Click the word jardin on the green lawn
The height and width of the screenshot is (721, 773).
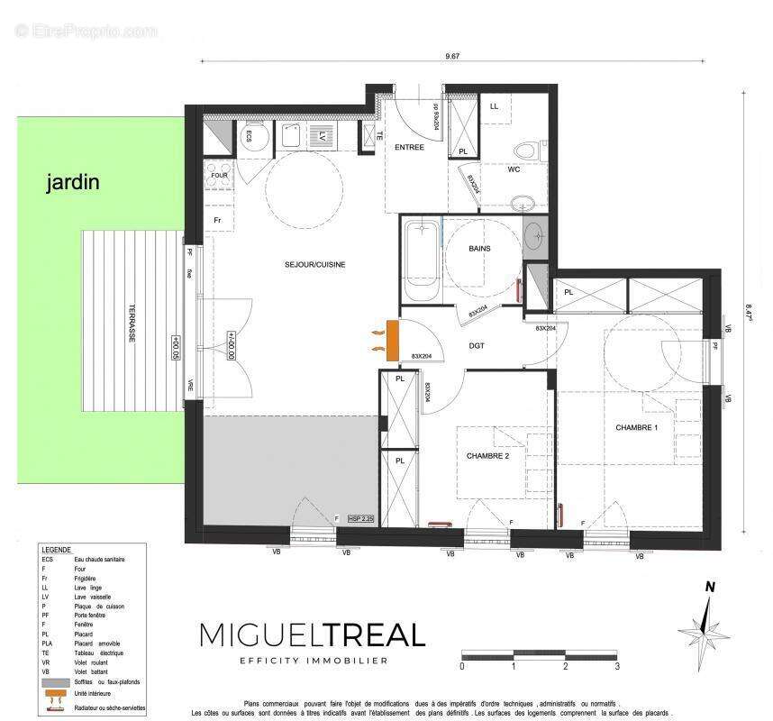click(x=73, y=183)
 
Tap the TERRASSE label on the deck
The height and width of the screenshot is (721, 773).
click(x=132, y=321)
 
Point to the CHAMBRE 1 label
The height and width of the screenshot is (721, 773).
click(x=637, y=427)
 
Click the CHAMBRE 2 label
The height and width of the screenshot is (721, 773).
click(x=487, y=456)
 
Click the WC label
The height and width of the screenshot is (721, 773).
click(x=514, y=169)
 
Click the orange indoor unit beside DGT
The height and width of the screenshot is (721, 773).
click(x=391, y=342)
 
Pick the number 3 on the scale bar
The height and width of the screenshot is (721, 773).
click(x=617, y=667)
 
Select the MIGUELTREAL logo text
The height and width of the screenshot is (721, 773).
click(x=312, y=635)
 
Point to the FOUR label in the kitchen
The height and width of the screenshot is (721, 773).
click(x=219, y=176)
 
